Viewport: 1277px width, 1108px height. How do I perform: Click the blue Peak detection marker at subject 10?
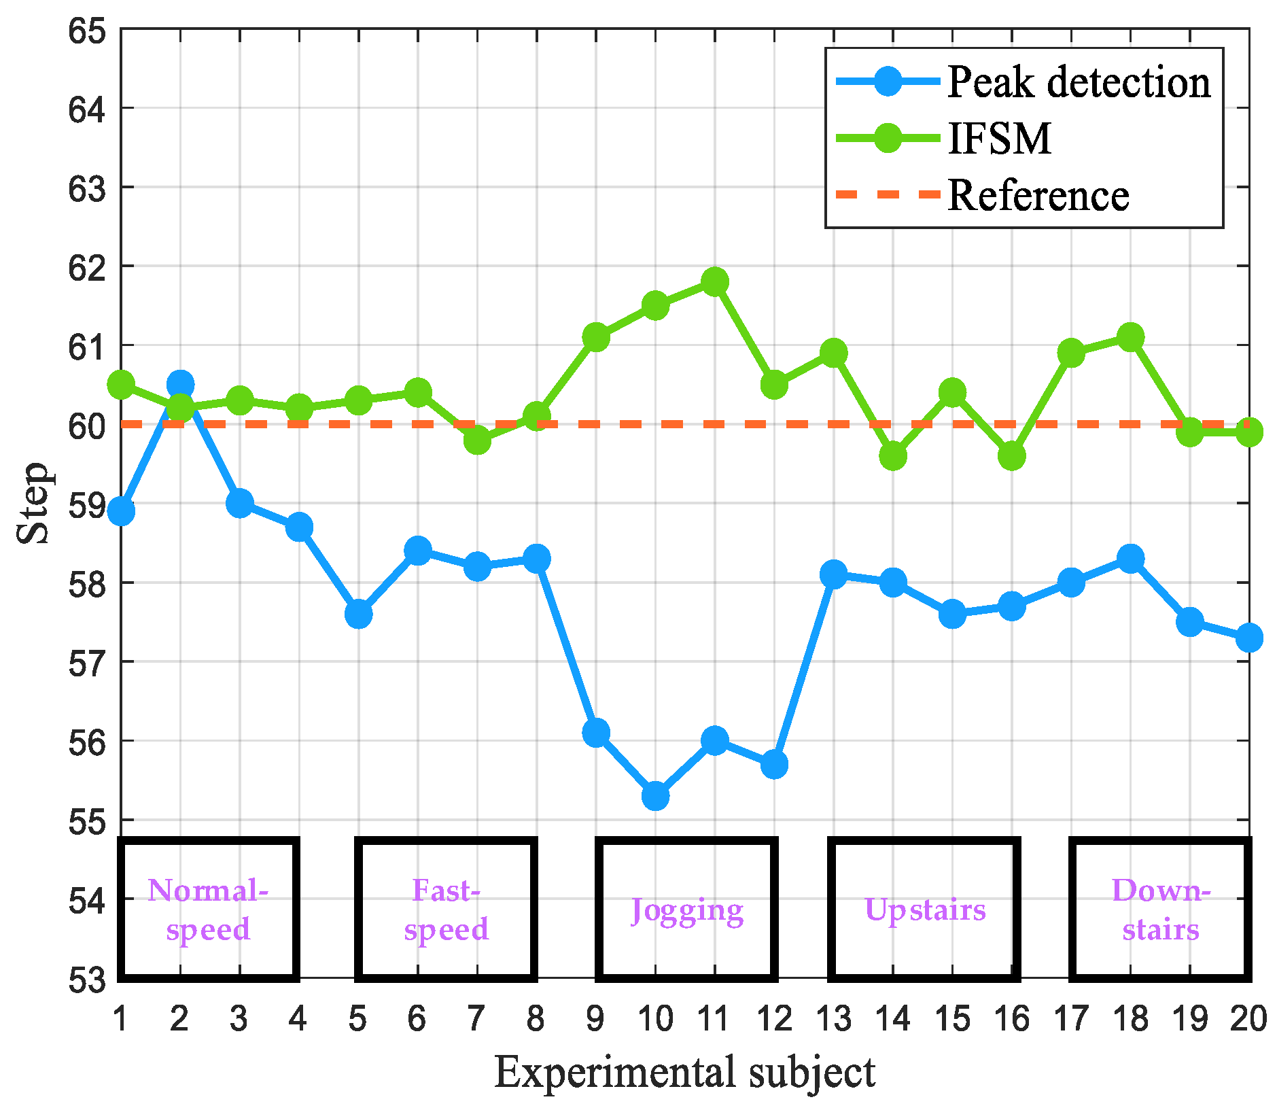tap(655, 795)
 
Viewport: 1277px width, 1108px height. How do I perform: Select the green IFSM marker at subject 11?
tap(714, 281)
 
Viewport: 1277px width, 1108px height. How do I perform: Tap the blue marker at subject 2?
tap(180, 384)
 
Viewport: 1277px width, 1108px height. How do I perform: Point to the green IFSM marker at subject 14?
tap(892, 455)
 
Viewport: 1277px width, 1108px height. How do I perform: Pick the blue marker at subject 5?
tap(358, 614)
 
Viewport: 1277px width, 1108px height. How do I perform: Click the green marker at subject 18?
tap(1130, 336)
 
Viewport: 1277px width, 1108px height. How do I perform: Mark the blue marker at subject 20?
tap(1248, 638)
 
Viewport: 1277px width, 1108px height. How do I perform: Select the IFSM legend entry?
tap(999, 139)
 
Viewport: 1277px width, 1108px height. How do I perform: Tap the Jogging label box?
tap(686, 910)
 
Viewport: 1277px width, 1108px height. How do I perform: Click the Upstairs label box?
tap(924, 910)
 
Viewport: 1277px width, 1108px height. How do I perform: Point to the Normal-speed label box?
tap(209, 910)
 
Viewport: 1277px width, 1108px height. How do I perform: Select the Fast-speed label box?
tap(447, 910)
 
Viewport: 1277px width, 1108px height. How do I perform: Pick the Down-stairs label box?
tap(1161, 910)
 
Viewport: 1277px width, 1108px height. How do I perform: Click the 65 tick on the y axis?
tap(87, 32)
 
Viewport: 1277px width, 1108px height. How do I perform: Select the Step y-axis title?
tap(34, 503)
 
